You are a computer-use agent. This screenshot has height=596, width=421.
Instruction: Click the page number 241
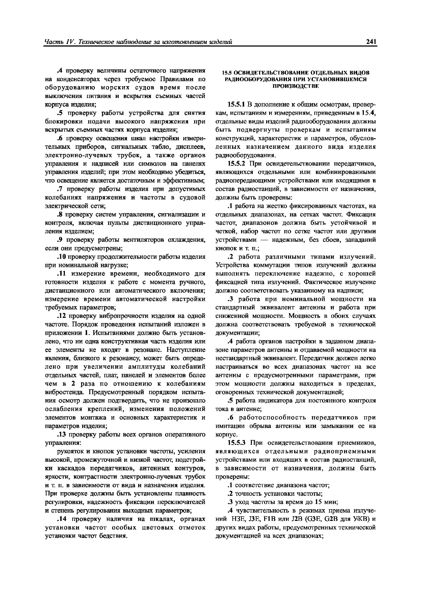point(371,41)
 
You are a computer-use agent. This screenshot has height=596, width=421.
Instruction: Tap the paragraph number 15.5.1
point(236,104)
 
